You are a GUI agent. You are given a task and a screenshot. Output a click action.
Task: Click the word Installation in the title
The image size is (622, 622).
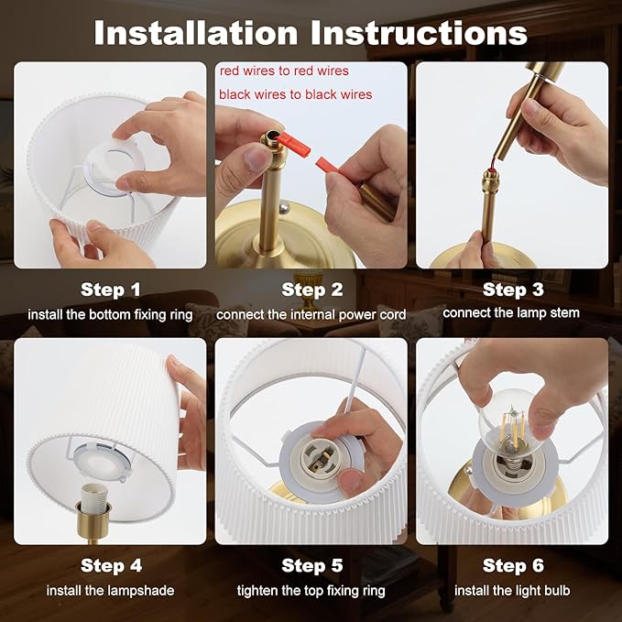click(x=195, y=33)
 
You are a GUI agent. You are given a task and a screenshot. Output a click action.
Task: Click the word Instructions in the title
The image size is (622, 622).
click(x=419, y=33)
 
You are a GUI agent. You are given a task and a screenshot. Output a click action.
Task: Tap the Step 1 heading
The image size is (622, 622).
click(x=110, y=289)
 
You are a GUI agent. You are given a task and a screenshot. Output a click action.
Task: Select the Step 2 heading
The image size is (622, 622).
click(x=311, y=289)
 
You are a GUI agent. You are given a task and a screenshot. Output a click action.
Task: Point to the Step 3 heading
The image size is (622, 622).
click(x=513, y=289)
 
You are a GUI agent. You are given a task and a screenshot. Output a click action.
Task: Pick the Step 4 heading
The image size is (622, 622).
click(x=111, y=566)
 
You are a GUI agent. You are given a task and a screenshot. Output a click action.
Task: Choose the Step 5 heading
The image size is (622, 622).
click(x=311, y=566)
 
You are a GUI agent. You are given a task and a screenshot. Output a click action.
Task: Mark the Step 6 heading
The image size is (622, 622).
click(x=513, y=566)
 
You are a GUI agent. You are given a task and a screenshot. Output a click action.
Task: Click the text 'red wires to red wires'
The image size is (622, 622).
click(x=284, y=71)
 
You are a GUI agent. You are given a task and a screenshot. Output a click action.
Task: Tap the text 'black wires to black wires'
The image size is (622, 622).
click(x=296, y=94)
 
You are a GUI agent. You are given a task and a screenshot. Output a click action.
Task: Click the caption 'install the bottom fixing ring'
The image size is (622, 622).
click(x=110, y=315)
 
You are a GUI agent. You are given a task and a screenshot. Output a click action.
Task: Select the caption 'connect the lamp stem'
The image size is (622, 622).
click(x=511, y=313)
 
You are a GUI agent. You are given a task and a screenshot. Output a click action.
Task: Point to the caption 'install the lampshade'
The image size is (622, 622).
click(x=110, y=591)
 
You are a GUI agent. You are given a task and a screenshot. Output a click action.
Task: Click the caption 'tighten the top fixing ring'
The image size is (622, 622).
click(x=311, y=591)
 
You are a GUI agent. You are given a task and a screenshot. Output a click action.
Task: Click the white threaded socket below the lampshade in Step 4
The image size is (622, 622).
click(x=93, y=497)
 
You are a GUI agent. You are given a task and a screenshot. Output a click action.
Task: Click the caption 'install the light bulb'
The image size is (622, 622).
click(x=512, y=591)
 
